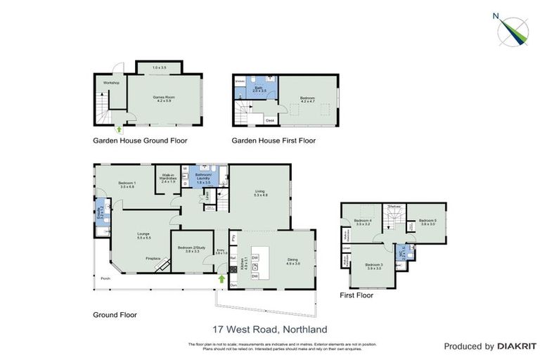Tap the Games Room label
[x=162, y=99]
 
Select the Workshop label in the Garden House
[x=111, y=83]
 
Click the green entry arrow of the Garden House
[x=119, y=129]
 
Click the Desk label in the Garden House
[x=269, y=120]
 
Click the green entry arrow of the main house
[x=222, y=279]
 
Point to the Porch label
[x=105, y=278]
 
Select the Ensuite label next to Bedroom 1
[x=99, y=208]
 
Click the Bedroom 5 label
[x=427, y=221]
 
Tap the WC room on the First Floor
[x=400, y=252]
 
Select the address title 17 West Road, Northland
[x=270, y=328]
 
